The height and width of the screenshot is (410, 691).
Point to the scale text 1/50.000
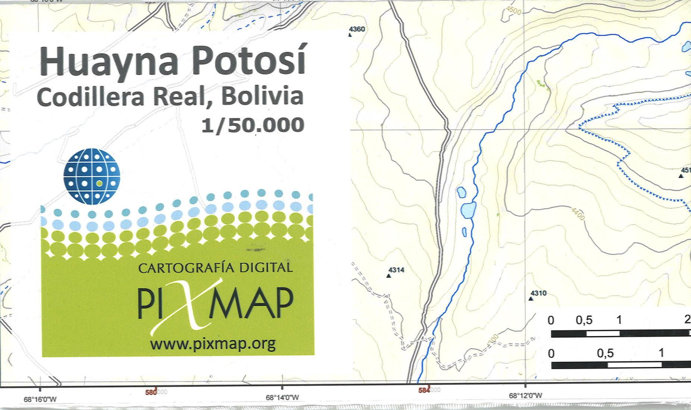tap(253, 125)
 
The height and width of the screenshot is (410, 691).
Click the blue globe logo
tap(92, 176)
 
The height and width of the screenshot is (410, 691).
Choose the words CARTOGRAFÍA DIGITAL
tap(215, 268)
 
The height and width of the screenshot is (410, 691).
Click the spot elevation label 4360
tap(357, 29)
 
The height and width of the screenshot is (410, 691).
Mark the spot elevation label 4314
tap(396, 270)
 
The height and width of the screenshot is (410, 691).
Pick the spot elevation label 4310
tap(538, 293)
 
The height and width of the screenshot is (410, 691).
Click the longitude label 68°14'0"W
tap(282, 398)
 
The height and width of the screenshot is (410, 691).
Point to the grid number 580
tap(151, 392)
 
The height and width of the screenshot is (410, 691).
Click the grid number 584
tap(423, 390)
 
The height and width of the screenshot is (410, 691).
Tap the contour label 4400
tap(578, 214)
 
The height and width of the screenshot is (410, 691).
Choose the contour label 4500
tap(514, 11)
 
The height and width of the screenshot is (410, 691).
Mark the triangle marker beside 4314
tap(388, 276)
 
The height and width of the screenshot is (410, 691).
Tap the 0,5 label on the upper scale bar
tap(584, 320)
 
